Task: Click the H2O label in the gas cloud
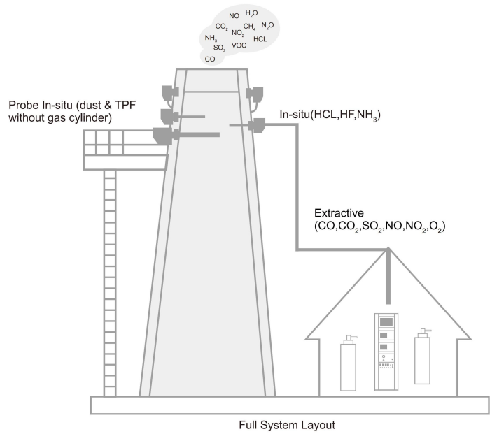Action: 252,13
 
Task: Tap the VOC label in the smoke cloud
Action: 239,45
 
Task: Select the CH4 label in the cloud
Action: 250,27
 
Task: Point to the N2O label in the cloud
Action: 267,26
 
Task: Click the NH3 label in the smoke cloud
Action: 211,38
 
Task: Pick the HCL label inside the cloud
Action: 260,39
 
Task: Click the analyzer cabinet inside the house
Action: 386,349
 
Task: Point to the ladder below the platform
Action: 109,280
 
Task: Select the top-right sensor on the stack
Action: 255,92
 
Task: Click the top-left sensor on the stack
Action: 168,92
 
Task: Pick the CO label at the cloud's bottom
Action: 210,59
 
